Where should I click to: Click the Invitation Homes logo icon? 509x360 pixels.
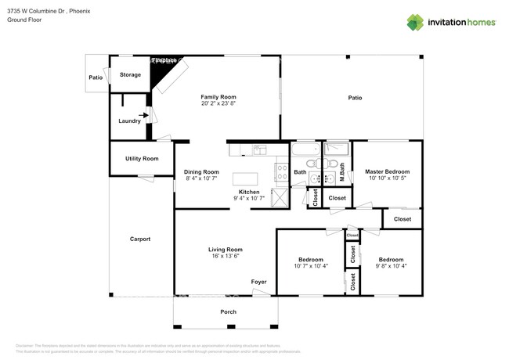(x=414, y=22)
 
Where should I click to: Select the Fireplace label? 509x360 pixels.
(x=164, y=60)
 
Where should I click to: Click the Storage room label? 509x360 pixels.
(x=130, y=75)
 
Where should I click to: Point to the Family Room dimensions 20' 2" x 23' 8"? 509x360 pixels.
(x=218, y=103)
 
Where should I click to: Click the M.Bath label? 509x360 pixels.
(x=342, y=171)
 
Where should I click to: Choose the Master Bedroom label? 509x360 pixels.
(x=387, y=171)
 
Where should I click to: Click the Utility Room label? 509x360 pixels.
(x=142, y=159)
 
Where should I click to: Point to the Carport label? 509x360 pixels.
(x=139, y=239)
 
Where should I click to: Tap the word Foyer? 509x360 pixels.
(x=258, y=282)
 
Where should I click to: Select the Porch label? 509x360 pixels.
(x=228, y=311)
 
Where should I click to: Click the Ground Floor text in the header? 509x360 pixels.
(x=23, y=20)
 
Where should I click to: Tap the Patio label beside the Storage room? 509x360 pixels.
(x=96, y=78)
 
